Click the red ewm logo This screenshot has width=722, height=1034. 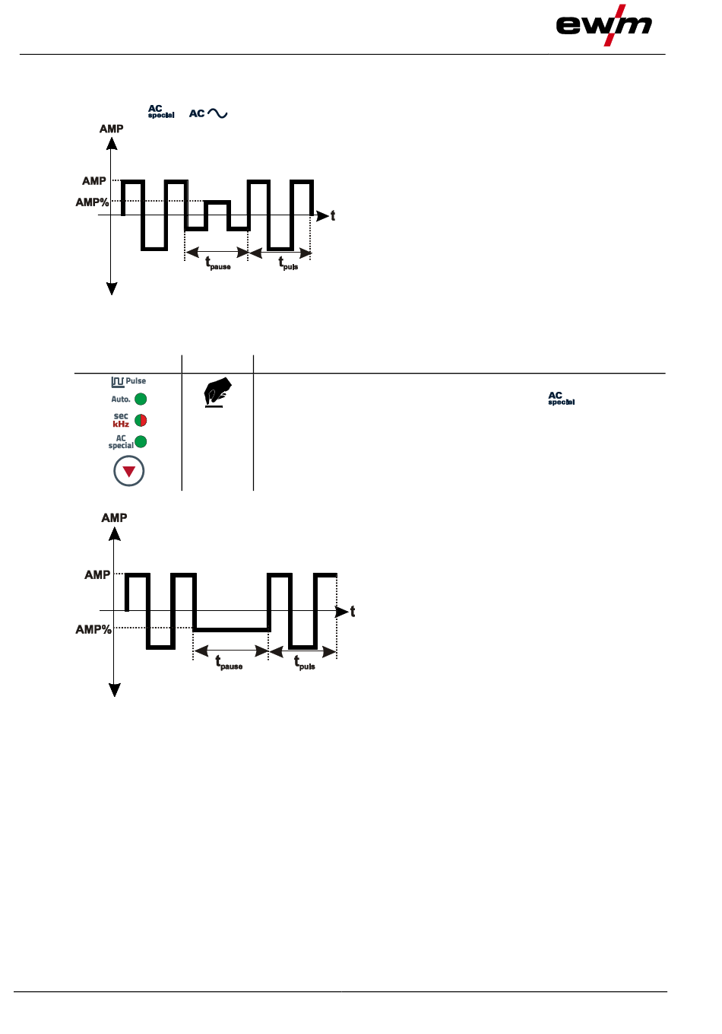(604, 25)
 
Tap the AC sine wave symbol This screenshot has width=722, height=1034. (208, 113)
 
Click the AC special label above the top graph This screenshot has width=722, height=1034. (160, 112)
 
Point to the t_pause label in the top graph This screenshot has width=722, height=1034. (217, 263)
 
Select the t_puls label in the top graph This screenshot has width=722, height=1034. (288, 263)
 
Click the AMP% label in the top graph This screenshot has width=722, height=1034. (92, 202)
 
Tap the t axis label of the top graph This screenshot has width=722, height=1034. (333, 216)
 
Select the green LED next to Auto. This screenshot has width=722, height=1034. (141, 399)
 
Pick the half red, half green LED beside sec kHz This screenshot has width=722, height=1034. (141, 421)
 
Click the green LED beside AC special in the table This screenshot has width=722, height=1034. (141, 442)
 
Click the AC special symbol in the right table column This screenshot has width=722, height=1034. (561, 398)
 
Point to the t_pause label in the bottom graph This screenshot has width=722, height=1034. (229, 663)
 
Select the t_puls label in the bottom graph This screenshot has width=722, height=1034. (305, 663)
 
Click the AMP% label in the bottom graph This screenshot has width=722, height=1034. (93, 629)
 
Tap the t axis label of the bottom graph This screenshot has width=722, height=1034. (353, 612)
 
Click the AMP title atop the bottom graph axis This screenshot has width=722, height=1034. (114, 517)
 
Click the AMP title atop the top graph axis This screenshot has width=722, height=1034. (111, 129)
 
